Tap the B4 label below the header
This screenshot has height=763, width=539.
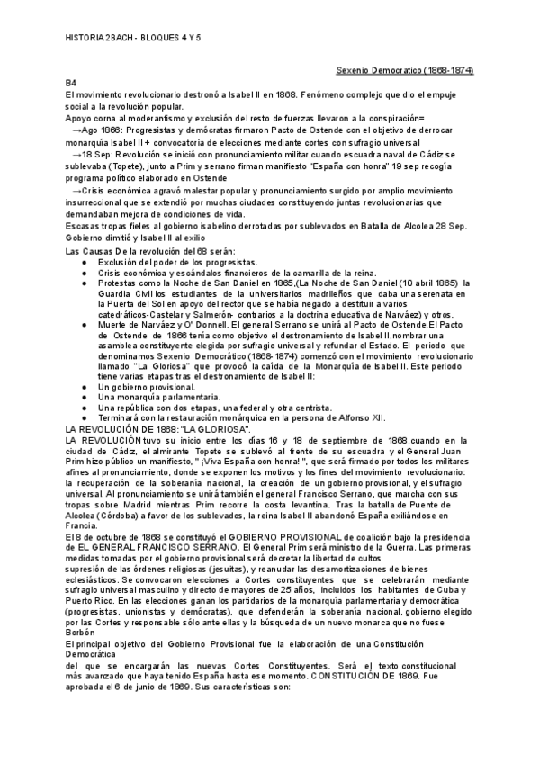72,83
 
